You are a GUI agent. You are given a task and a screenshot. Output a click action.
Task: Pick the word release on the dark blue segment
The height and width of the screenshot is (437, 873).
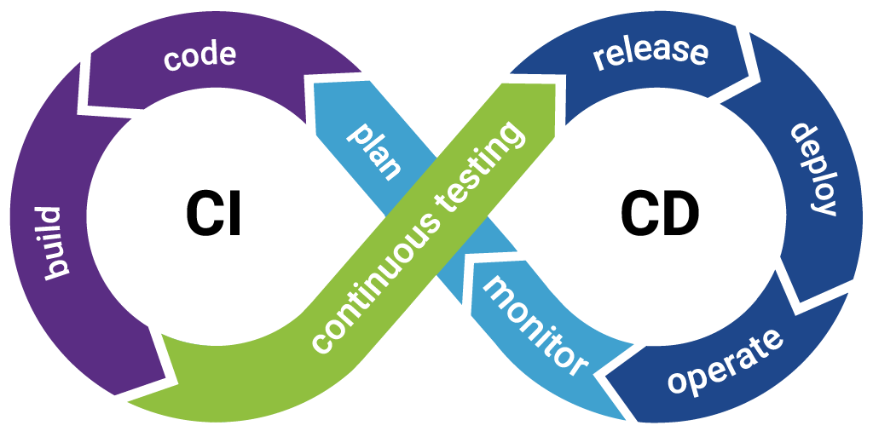coord(650,53)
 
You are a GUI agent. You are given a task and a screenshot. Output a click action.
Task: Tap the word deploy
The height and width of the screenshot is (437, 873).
coord(814,170)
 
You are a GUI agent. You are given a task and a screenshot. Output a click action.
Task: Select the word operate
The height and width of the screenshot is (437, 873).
coord(725,361)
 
